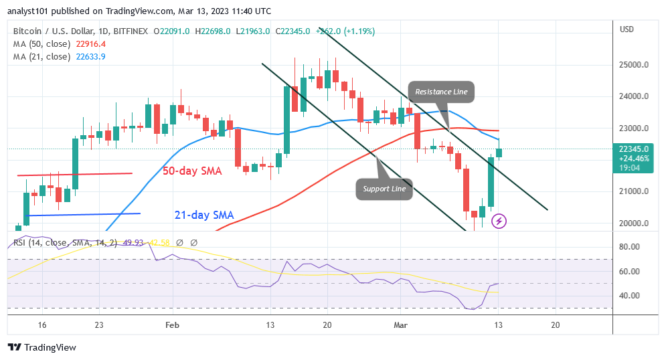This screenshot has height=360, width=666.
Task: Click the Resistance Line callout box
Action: pyautogui.click(x=441, y=92)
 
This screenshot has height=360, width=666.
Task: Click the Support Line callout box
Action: pyautogui.click(x=385, y=189)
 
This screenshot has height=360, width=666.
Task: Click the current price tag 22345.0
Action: pyautogui.click(x=633, y=149)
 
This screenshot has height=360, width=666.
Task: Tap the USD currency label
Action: pyautogui.click(x=627, y=29)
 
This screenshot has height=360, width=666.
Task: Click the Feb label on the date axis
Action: pyautogui.click(x=173, y=324)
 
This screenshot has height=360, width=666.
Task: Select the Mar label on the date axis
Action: pyautogui.click(x=400, y=324)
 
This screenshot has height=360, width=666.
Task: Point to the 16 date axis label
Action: pyautogui.click(x=42, y=324)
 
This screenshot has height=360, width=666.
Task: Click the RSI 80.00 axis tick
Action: pyautogui.click(x=631, y=247)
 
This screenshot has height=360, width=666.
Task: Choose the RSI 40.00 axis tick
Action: pyautogui.click(x=631, y=295)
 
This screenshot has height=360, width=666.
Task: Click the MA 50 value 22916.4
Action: pyautogui.click(x=90, y=43)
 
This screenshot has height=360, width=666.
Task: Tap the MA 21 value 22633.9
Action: pyautogui.click(x=90, y=56)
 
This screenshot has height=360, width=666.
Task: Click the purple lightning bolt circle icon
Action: pyautogui.click(x=498, y=221)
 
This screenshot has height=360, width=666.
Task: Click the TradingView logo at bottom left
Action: pyautogui.click(x=42, y=347)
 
